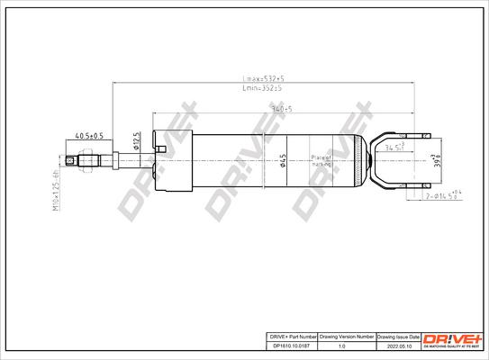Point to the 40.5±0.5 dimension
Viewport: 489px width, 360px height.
click(88, 136)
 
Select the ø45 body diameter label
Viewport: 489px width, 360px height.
click(282, 162)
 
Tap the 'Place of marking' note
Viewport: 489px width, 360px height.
click(321, 161)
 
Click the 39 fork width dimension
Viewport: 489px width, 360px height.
click(439, 162)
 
